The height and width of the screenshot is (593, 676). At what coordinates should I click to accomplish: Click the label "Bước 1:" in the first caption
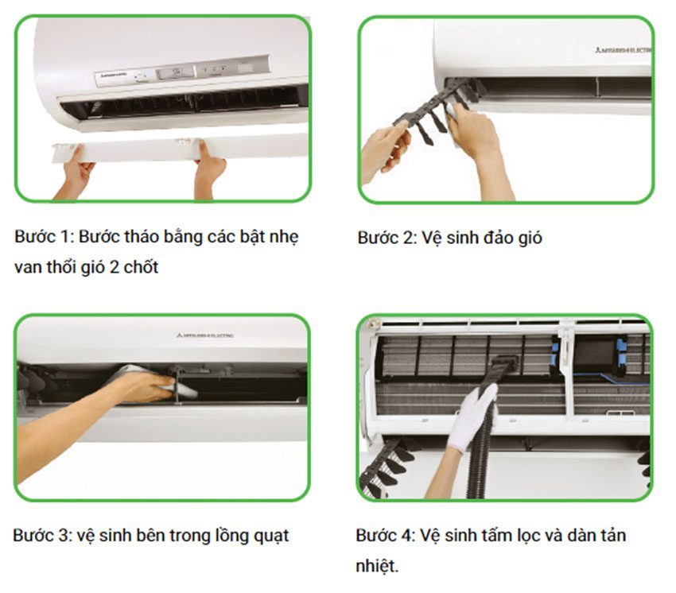pyautogui.click(x=41, y=238)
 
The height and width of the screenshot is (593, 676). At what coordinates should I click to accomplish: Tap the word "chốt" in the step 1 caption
pyautogui.click(x=141, y=267)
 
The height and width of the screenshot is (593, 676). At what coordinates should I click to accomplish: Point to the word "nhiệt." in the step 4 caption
pyautogui.click(x=378, y=565)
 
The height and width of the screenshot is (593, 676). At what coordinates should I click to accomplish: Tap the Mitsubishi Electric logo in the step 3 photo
pyautogui.click(x=205, y=335)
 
